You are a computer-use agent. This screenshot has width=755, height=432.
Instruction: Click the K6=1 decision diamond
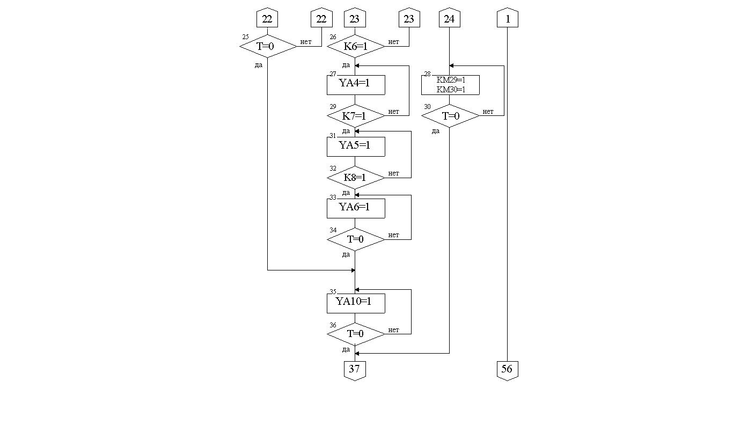(x=355, y=47)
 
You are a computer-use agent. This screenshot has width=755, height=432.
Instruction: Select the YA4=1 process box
(x=355, y=84)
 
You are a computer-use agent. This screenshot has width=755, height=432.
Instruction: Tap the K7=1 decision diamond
(x=355, y=116)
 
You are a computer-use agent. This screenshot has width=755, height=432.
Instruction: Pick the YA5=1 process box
(x=355, y=146)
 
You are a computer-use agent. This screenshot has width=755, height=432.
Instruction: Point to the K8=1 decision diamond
(x=355, y=178)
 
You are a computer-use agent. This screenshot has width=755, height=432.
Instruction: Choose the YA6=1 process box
(x=355, y=208)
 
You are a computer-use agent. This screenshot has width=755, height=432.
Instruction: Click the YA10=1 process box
(x=355, y=302)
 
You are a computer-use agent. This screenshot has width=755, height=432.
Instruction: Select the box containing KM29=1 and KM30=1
(x=450, y=85)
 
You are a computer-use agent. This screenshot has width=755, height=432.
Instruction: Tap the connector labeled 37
(x=355, y=370)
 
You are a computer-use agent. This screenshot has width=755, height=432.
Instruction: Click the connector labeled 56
(x=507, y=370)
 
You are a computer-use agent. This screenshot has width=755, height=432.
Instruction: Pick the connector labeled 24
(x=450, y=19)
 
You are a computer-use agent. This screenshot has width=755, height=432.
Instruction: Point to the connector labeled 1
(x=507, y=19)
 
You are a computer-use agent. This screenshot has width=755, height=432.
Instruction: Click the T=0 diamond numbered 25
(x=267, y=47)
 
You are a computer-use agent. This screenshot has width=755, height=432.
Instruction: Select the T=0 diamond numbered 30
(x=450, y=116)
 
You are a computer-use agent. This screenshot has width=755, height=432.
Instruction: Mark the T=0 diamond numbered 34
(x=355, y=239)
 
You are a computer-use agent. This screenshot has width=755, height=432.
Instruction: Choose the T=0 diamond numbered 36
(x=355, y=334)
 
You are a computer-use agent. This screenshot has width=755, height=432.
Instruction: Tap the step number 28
(x=427, y=74)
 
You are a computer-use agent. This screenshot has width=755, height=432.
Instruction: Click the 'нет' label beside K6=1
(x=393, y=42)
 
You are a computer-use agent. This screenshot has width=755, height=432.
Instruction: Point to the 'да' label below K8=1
(x=346, y=193)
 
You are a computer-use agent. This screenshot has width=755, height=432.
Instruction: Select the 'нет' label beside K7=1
(x=393, y=112)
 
